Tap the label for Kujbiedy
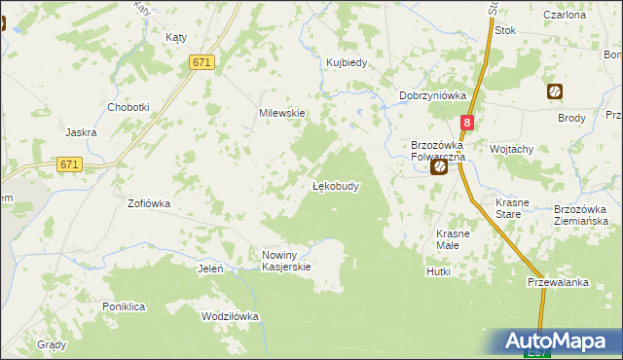click(346, 63)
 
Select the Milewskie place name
click(281, 113)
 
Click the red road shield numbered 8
click(468, 124)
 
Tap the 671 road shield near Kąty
click(202, 62)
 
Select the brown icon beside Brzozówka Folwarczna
click(439, 167)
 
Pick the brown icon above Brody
click(554, 92)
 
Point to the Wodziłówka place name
click(229, 317)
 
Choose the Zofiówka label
click(149, 204)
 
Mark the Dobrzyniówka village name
click(433, 95)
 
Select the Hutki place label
click(438, 271)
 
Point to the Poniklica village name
click(124, 306)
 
